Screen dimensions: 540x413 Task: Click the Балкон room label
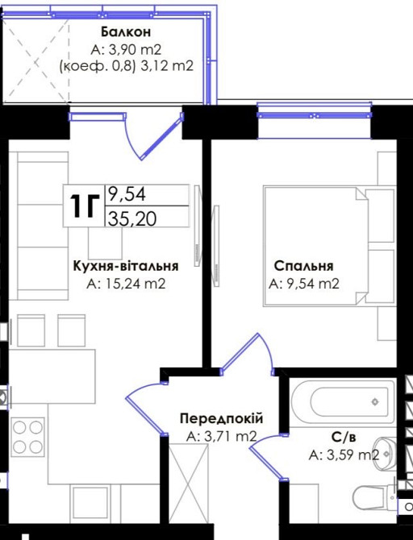pyautogui.click(x=126, y=31)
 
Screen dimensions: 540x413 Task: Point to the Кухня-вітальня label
pyautogui.click(x=125, y=265)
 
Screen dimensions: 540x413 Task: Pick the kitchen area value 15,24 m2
pyautogui.click(x=126, y=283)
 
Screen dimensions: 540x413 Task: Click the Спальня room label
pyautogui.click(x=303, y=266)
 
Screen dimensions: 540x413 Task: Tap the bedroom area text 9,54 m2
pyautogui.click(x=303, y=283)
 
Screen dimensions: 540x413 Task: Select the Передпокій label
pyautogui.click(x=221, y=419)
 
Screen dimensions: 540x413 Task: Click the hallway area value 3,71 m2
pyautogui.click(x=221, y=437)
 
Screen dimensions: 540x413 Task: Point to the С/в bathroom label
pyautogui.click(x=344, y=438)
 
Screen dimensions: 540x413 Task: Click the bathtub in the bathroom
pyautogui.click(x=343, y=400)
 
